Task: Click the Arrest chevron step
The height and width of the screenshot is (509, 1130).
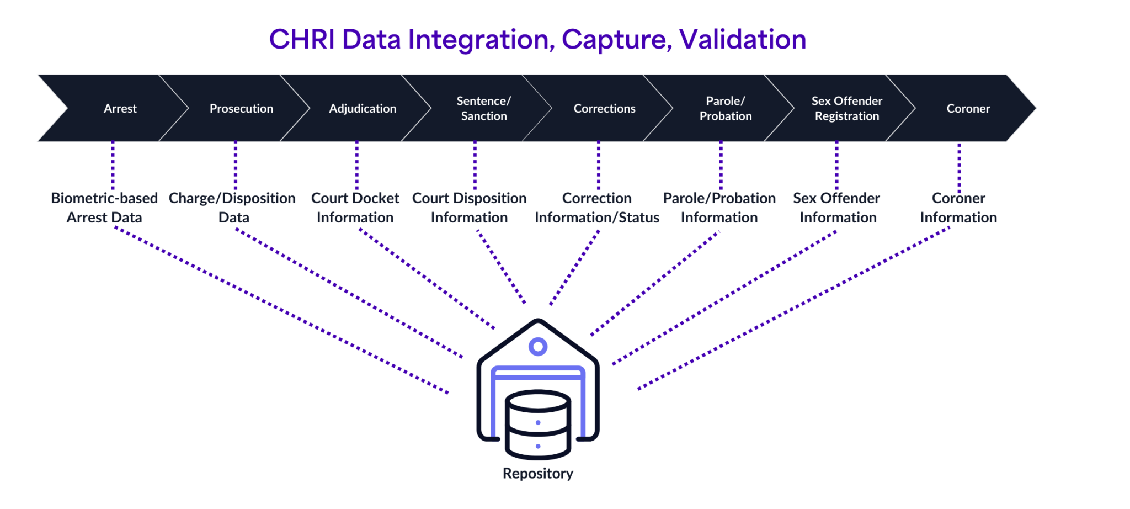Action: [x=120, y=108]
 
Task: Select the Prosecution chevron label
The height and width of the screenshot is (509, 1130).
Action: [x=241, y=108]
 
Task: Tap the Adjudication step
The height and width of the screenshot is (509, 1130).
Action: [x=363, y=108]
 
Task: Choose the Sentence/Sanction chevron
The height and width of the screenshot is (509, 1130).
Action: [x=484, y=108]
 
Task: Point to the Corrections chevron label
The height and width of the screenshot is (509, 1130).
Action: [x=604, y=108]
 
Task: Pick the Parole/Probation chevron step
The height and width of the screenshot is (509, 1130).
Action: [x=726, y=108]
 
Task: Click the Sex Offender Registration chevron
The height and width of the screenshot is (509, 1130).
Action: [x=847, y=108]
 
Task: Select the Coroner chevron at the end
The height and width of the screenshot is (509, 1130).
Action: [x=968, y=108]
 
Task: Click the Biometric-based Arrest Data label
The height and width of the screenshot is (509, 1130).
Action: [x=104, y=208]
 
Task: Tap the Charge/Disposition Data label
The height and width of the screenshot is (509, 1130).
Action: [x=232, y=208]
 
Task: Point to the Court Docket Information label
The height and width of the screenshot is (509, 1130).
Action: [x=355, y=208]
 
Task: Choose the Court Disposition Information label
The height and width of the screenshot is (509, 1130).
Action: [x=470, y=208]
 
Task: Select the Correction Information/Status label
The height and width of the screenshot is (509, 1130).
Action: [x=597, y=208]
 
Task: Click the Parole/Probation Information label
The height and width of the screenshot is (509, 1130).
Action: [x=719, y=208]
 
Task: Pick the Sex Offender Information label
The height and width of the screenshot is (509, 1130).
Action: [x=837, y=208]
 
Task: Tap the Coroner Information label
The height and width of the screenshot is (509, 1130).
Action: [x=958, y=208]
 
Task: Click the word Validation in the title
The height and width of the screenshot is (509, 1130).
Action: [x=743, y=40]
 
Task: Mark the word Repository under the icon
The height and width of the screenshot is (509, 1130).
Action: [x=538, y=474]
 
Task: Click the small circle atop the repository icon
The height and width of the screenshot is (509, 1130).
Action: [x=538, y=347]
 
